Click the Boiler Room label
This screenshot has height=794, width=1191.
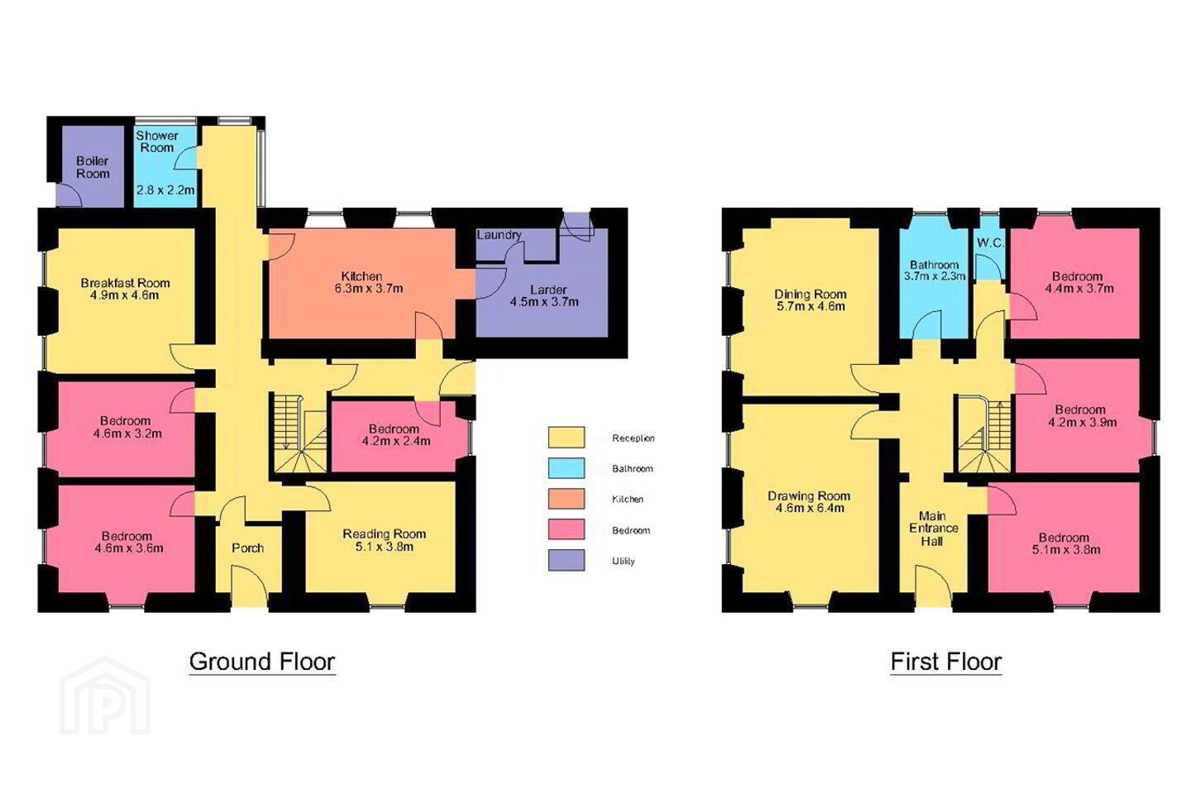point(93,167)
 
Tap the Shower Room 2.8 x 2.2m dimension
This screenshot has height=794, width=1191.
point(165,189)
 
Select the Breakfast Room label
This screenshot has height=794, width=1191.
point(126,283)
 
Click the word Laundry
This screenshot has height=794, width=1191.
point(499,235)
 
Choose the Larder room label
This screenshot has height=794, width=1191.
point(548,289)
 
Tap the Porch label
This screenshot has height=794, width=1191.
point(248,548)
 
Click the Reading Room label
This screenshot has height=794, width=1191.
point(384,534)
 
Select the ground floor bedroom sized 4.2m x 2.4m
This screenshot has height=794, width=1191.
point(394,435)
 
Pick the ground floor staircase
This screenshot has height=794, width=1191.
point(300,433)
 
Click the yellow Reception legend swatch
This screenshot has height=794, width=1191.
point(567,438)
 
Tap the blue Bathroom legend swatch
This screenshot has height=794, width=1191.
point(567,468)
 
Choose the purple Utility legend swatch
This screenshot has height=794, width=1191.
point(567,560)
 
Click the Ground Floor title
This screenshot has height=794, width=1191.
point(262,662)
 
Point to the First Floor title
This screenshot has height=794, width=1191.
point(946,662)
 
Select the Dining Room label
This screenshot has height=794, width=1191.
point(811,294)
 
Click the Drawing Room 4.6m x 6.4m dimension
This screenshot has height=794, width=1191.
point(810,509)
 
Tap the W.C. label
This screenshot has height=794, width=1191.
point(991,243)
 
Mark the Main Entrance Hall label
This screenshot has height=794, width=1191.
point(933,529)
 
